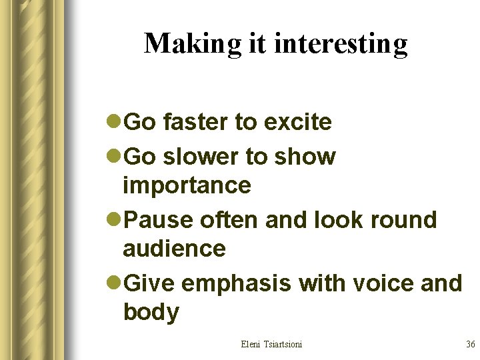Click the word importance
coord(187,185)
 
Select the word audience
coord(175,249)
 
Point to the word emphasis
coord(237,283)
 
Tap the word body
coord(151,312)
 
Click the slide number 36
coord(470,344)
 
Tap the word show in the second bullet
coord(305,157)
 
